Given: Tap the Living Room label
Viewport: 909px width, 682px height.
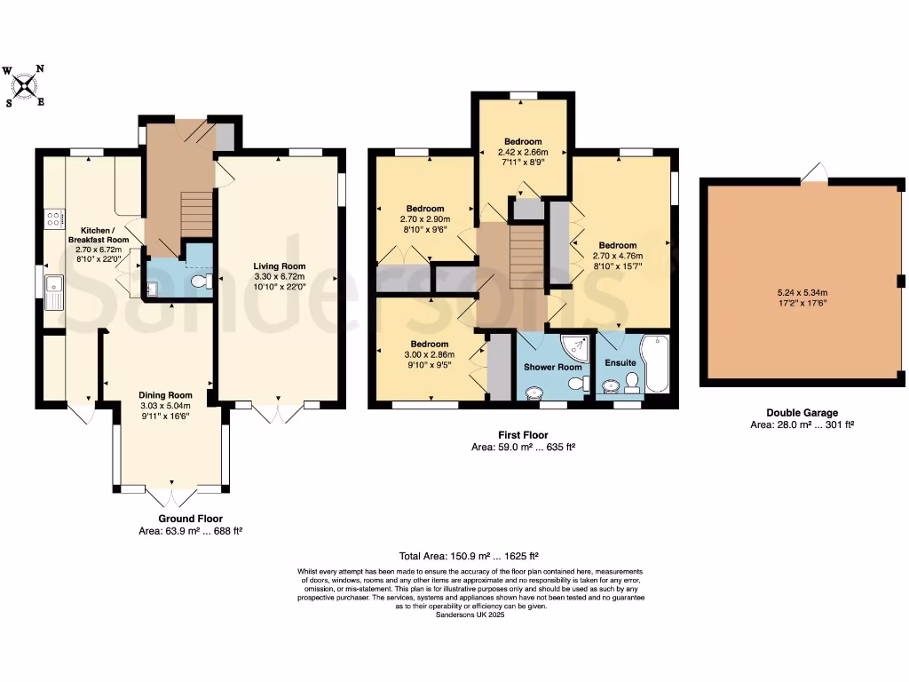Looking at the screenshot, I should (279, 266).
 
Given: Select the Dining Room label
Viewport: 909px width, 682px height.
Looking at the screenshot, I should (165, 395).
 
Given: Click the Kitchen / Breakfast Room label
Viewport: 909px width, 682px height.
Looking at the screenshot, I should (99, 234).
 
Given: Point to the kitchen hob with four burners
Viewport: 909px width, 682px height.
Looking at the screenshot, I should (52, 217).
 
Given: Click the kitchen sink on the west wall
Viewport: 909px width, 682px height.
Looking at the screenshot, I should (54, 290).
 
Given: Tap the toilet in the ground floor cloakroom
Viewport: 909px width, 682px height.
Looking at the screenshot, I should (202, 282).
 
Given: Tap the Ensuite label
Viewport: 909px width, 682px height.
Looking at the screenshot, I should (620, 362).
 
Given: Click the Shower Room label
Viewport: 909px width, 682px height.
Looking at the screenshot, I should (552, 367).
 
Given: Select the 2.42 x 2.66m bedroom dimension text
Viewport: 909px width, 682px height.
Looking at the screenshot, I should (523, 152).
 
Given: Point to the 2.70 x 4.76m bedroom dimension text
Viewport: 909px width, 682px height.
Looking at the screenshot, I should (617, 256).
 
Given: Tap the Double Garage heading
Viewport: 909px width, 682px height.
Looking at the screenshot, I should (802, 412).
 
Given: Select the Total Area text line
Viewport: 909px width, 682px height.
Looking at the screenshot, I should (471, 551).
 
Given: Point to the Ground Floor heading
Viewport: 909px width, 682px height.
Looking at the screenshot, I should (190, 519).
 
